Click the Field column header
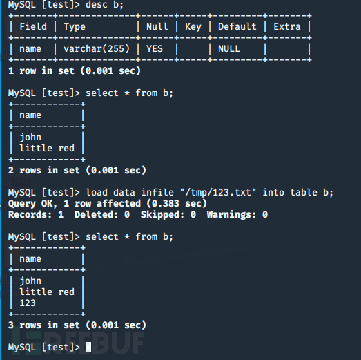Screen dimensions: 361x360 pyautogui.click(x=33, y=26)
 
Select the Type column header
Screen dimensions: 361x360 pyautogui.click(x=75, y=27)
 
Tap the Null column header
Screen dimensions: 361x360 pyautogui.click(x=157, y=26)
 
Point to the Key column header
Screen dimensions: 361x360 pyautogui.click(x=193, y=27)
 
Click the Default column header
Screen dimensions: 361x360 pyautogui.click(x=237, y=26)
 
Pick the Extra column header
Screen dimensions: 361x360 pyautogui.click(x=287, y=26)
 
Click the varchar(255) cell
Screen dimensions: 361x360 pyautogui.click(x=97, y=48)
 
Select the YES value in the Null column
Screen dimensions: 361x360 pyautogui.click(x=155, y=48)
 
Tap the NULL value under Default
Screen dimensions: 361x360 pyautogui.click(x=229, y=48)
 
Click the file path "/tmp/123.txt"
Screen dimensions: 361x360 pyautogui.click(x=218, y=193)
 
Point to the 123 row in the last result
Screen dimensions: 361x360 pyautogui.click(x=28, y=303)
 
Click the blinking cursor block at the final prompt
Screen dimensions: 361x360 pyautogui.click(x=88, y=347)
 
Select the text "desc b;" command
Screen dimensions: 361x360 pyautogui.click(x=104, y=4)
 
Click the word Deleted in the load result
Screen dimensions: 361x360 pyautogui.click(x=96, y=215)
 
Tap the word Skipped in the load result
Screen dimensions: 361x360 pyautogui.click(x=162, y=215)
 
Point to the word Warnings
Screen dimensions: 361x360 pyautogui.click(x=231, y=215)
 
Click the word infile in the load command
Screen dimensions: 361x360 pyautogui.click(x=157, y=193)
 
